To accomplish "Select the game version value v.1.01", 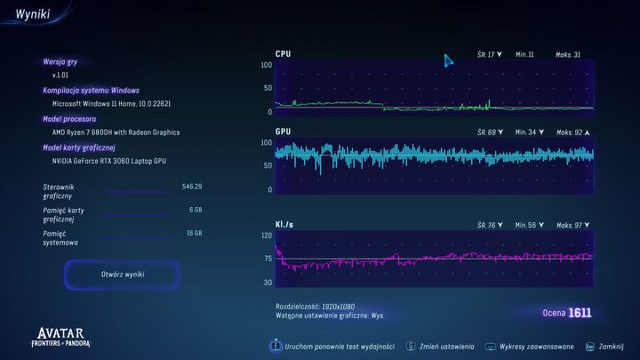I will pos(62,76).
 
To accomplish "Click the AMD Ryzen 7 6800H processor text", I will pos(116,132).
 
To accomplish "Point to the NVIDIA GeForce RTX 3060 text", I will pos(108,161).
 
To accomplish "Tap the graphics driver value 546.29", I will pos(191,187).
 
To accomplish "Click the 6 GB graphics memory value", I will pos(195,210).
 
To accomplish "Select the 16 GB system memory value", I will pos(193,233).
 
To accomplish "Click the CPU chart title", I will pos(283,54).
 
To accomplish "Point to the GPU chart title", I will pos(283,132).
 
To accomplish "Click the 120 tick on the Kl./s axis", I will pos(267,236).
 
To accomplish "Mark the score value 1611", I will pos(580,313).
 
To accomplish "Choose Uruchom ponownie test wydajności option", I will pos(338,346).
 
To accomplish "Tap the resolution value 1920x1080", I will pos(340,305).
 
